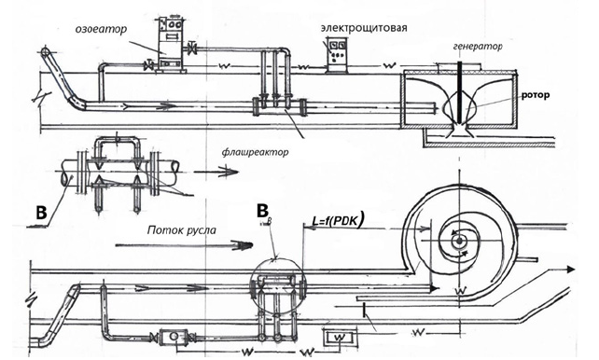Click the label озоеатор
[x=101, y=30]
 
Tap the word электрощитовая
[x=364, y=28]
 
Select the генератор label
[x=478, y=47]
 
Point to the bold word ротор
[x=536, y=95]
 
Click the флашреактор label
[x=256, y=152]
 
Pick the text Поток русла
[x=182, y=230]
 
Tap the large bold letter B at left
[x=41, y=213]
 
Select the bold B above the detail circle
[x=262, y=211]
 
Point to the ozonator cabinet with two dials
[x=171, y=44]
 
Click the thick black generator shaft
[x=460, y=90]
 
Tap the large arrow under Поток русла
[x=184, y=245]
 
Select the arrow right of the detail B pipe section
[x=216, y=172]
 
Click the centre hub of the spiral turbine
[x=459, y=241]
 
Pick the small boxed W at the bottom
[x=340, y=338]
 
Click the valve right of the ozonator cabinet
[x=192, y=48]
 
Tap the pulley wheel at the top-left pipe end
[x=46, y=51]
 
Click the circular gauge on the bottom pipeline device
[x=173, y=336]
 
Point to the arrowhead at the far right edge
[x=571, y=270]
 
